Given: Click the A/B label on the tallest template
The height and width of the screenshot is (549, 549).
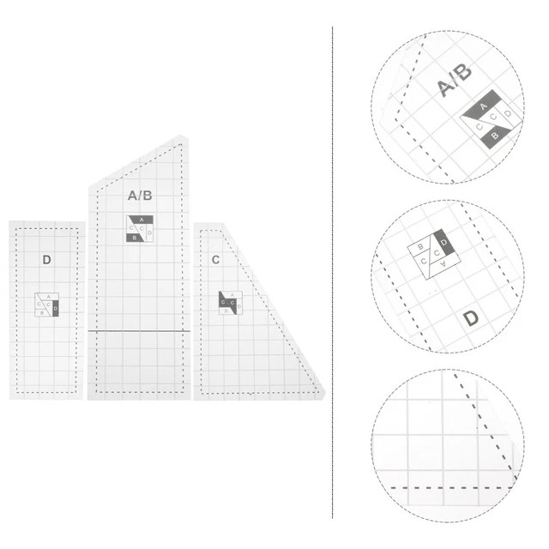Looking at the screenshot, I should [140, 196].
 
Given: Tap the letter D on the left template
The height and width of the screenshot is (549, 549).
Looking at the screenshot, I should [46, 259].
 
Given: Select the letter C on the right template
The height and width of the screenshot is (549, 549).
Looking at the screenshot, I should [215, 259].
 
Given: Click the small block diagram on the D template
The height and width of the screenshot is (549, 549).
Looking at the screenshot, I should [46, 305].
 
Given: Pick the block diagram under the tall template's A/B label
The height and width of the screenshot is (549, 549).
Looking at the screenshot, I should [140, 228].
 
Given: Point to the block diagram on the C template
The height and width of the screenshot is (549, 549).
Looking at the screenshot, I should [230, 303].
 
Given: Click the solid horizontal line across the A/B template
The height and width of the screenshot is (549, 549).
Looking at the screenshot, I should [139, 329].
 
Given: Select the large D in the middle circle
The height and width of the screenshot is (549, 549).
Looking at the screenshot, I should [471, 319].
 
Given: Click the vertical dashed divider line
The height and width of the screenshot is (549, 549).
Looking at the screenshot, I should [333, 274].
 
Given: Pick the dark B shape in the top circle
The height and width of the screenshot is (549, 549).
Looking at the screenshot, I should [495, 133].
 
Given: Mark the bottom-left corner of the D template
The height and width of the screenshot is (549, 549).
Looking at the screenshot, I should [11, 397].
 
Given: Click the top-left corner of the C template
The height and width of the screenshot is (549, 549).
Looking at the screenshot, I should [195, 225].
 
